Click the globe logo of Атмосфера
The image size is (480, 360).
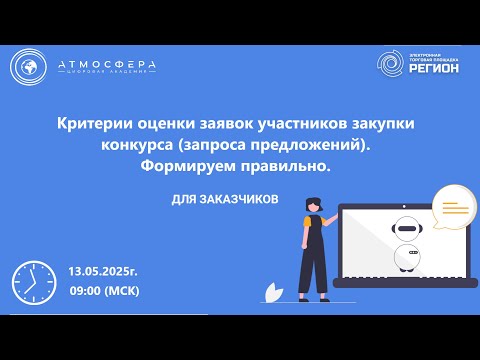(30, 67)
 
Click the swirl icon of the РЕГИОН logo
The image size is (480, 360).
(392, 64)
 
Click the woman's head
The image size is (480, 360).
(313, 204)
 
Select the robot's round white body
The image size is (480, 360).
(406, 258)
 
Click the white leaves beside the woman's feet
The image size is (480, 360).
(272, 290)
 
